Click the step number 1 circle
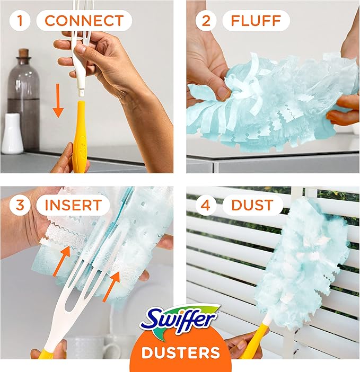tap(20, 21)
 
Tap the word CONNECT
tap(84, 21)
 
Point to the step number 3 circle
tap(20, 205)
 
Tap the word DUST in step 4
tap(253, 205)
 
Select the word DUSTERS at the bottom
tap(181, 352)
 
